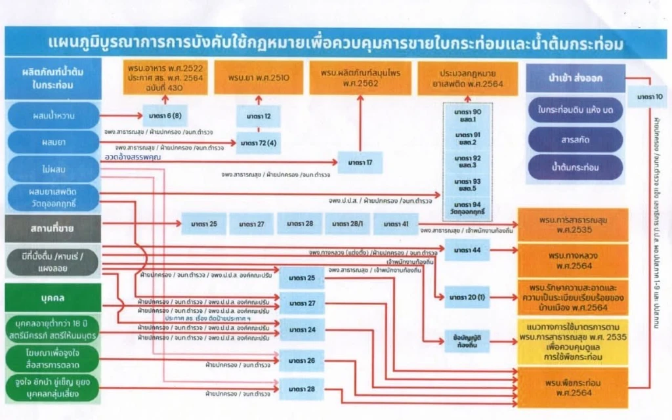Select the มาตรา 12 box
(x=259, y=116)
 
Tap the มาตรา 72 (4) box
(x=259, y=142)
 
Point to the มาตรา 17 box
(x=360, y=162)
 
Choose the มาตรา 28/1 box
(x=348, y=224)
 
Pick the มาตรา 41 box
(x=396, y=224)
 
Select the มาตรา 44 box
(x=467, y=250)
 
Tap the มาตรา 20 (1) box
(x=467, y=297)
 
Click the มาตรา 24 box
(x=302, y=329)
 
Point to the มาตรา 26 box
(x=302, y=360)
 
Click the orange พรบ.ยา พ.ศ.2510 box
(x=259, y=77)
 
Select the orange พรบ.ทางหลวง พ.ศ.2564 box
(x=573, y=260)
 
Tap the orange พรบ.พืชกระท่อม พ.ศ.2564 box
(x=573, y=387)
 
